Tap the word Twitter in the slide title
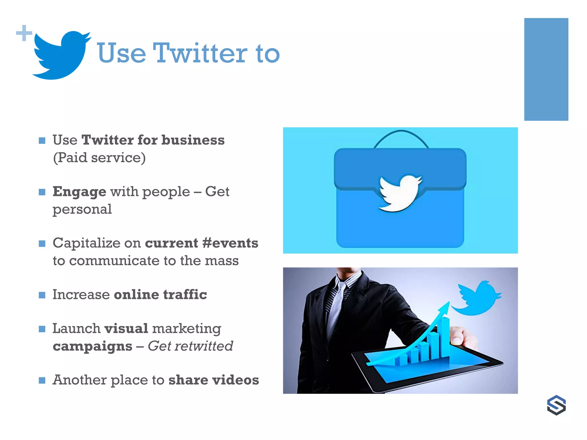200,53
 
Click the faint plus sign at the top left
24,33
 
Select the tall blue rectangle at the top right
546,69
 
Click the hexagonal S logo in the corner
556,405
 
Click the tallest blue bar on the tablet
445,338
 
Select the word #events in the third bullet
230,243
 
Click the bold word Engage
79,192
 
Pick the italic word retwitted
204,346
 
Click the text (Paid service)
99,158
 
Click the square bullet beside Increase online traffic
42,295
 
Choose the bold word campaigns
92,346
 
